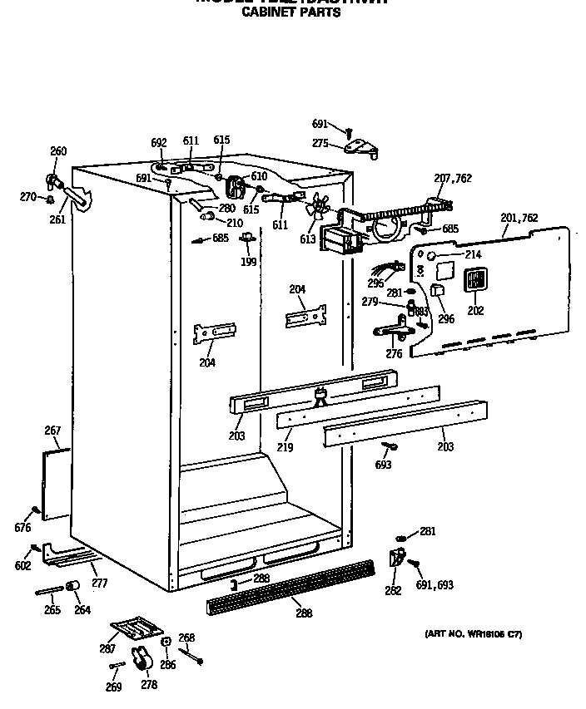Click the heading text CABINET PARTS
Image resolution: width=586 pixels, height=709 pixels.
[291, 12]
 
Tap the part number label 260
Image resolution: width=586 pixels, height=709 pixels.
[58, 151]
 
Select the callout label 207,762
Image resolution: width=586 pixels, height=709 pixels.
[452, 178]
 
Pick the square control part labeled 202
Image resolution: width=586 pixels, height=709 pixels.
[474, 281]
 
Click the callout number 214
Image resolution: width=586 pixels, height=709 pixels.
[472, 255]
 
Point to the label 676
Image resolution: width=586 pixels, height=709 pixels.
[22, 528]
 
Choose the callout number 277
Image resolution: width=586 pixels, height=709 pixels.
[100, 583]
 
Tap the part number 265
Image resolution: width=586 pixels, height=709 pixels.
[52, 610]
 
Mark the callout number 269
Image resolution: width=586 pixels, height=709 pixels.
[113, 687]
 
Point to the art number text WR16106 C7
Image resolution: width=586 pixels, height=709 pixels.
[473, 634]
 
